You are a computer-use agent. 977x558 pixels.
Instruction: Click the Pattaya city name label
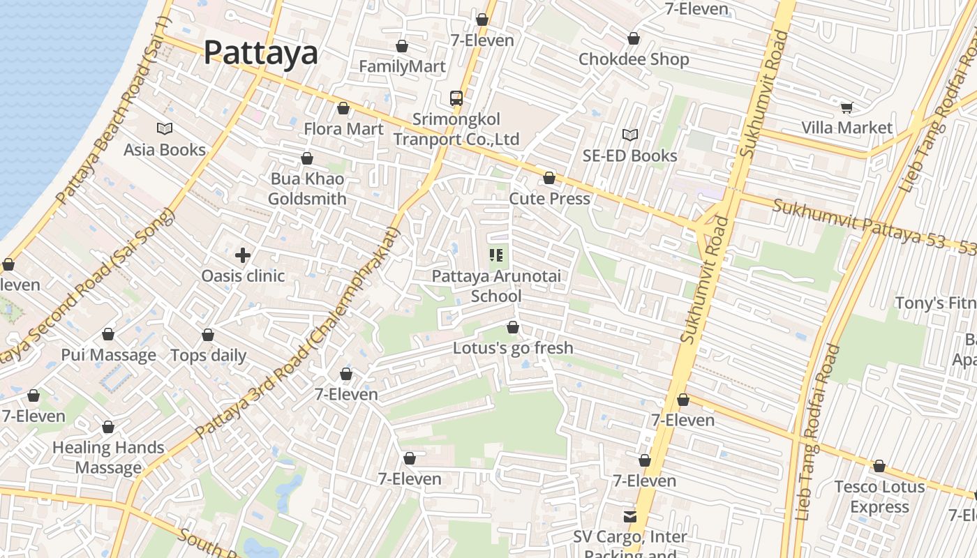click(260, 53)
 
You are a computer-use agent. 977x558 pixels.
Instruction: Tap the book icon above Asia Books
click(165, 128)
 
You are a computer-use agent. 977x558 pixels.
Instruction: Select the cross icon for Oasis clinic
click(243, 255)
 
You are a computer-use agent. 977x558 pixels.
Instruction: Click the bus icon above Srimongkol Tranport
click(456, 98)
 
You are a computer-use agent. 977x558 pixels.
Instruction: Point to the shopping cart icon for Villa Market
click(847, 107)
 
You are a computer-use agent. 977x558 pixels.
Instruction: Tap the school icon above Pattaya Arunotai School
click(496, 255)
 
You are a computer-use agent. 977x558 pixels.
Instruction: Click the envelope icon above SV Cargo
click(630, 516)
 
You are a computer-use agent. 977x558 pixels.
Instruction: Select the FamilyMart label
click(402, 66)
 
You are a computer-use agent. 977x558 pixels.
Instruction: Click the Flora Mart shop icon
click(343, 108)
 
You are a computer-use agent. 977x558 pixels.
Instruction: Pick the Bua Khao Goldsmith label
click(307, 189)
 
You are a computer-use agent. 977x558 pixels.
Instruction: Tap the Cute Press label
click(549, 199)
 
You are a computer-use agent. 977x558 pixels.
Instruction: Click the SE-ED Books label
click(629, 156)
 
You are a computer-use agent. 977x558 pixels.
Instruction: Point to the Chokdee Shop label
click(634, 59)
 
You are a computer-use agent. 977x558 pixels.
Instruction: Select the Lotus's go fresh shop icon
click(513, 327)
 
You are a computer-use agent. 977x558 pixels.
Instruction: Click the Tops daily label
click(209, 355)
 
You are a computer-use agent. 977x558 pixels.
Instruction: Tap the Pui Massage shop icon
click(108, 334)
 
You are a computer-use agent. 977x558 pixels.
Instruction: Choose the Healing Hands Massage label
click(108, 458)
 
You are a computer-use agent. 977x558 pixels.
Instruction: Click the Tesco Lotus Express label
click(879, 497)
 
